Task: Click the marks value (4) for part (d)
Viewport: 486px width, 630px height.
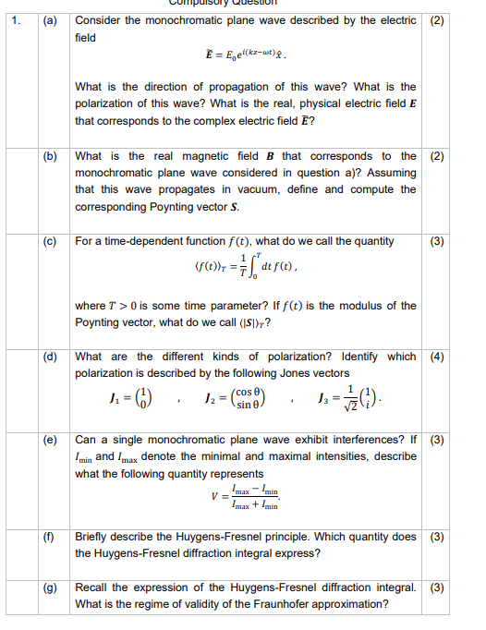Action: (x=437, y=357)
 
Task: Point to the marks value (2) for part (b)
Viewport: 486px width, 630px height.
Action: (x=437, y=156)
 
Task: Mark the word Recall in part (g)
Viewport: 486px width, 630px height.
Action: (x=92, y=587)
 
